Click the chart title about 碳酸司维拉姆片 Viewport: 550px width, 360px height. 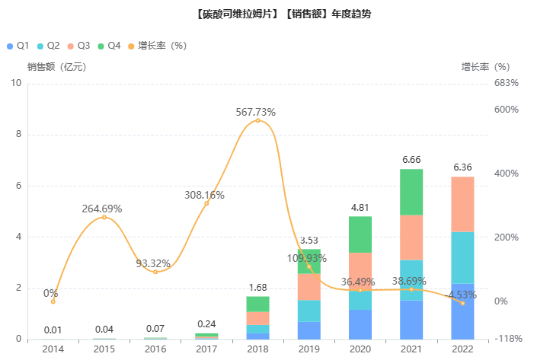(x=274, y=14)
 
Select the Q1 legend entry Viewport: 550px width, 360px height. (x=18, y=46)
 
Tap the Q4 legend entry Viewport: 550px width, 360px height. (x=109, y=46)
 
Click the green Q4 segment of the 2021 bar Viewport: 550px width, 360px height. (x=411, y=192)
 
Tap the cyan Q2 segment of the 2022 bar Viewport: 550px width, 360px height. (x=462, y=257)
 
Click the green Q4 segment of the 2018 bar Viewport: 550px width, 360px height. (x=258, y=304)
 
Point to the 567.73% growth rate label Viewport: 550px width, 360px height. (x=256, y=112)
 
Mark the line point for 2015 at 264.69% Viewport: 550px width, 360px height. (x=104, y=218)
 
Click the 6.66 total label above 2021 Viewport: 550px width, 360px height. (x=411, y=160)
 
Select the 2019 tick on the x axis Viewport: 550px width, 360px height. (x=309, y=349)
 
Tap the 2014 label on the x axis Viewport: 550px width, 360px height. (x=53, y=349)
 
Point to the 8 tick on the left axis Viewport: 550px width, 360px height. (x=18, y=135)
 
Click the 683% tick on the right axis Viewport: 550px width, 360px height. (x=506, y=83)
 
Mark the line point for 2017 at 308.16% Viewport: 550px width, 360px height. (x=206, y=203)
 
